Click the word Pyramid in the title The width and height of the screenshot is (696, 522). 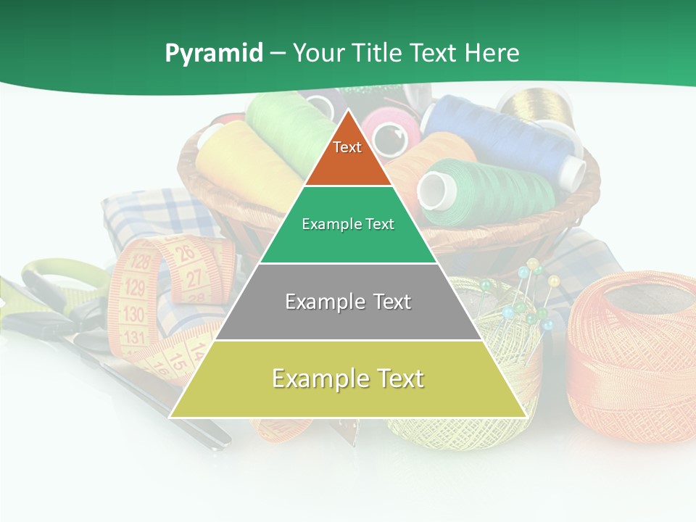[213, 54]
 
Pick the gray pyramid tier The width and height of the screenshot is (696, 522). [348, 302]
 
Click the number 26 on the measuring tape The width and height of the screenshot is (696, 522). [186, 253]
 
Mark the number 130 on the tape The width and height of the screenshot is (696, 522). [133, 314]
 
